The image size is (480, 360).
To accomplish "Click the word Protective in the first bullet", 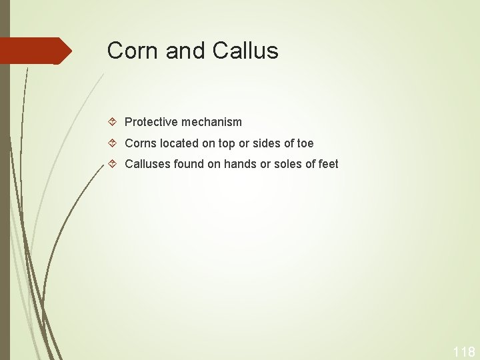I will click(150, 122).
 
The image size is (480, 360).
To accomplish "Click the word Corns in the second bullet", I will click(140, 143).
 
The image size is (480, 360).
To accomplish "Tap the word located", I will click(178, 143).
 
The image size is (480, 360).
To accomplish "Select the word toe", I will click(305, 143).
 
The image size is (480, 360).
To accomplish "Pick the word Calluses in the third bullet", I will click(147, 164).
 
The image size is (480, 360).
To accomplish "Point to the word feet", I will click(328, 164).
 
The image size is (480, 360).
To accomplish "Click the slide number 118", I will click(464, 351).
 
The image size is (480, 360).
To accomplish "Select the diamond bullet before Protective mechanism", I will click(113, 122).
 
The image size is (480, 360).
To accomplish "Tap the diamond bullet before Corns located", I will click(113, 143).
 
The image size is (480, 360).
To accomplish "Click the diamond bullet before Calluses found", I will click(113, 164).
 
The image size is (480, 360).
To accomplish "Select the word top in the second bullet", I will click(227, 144).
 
